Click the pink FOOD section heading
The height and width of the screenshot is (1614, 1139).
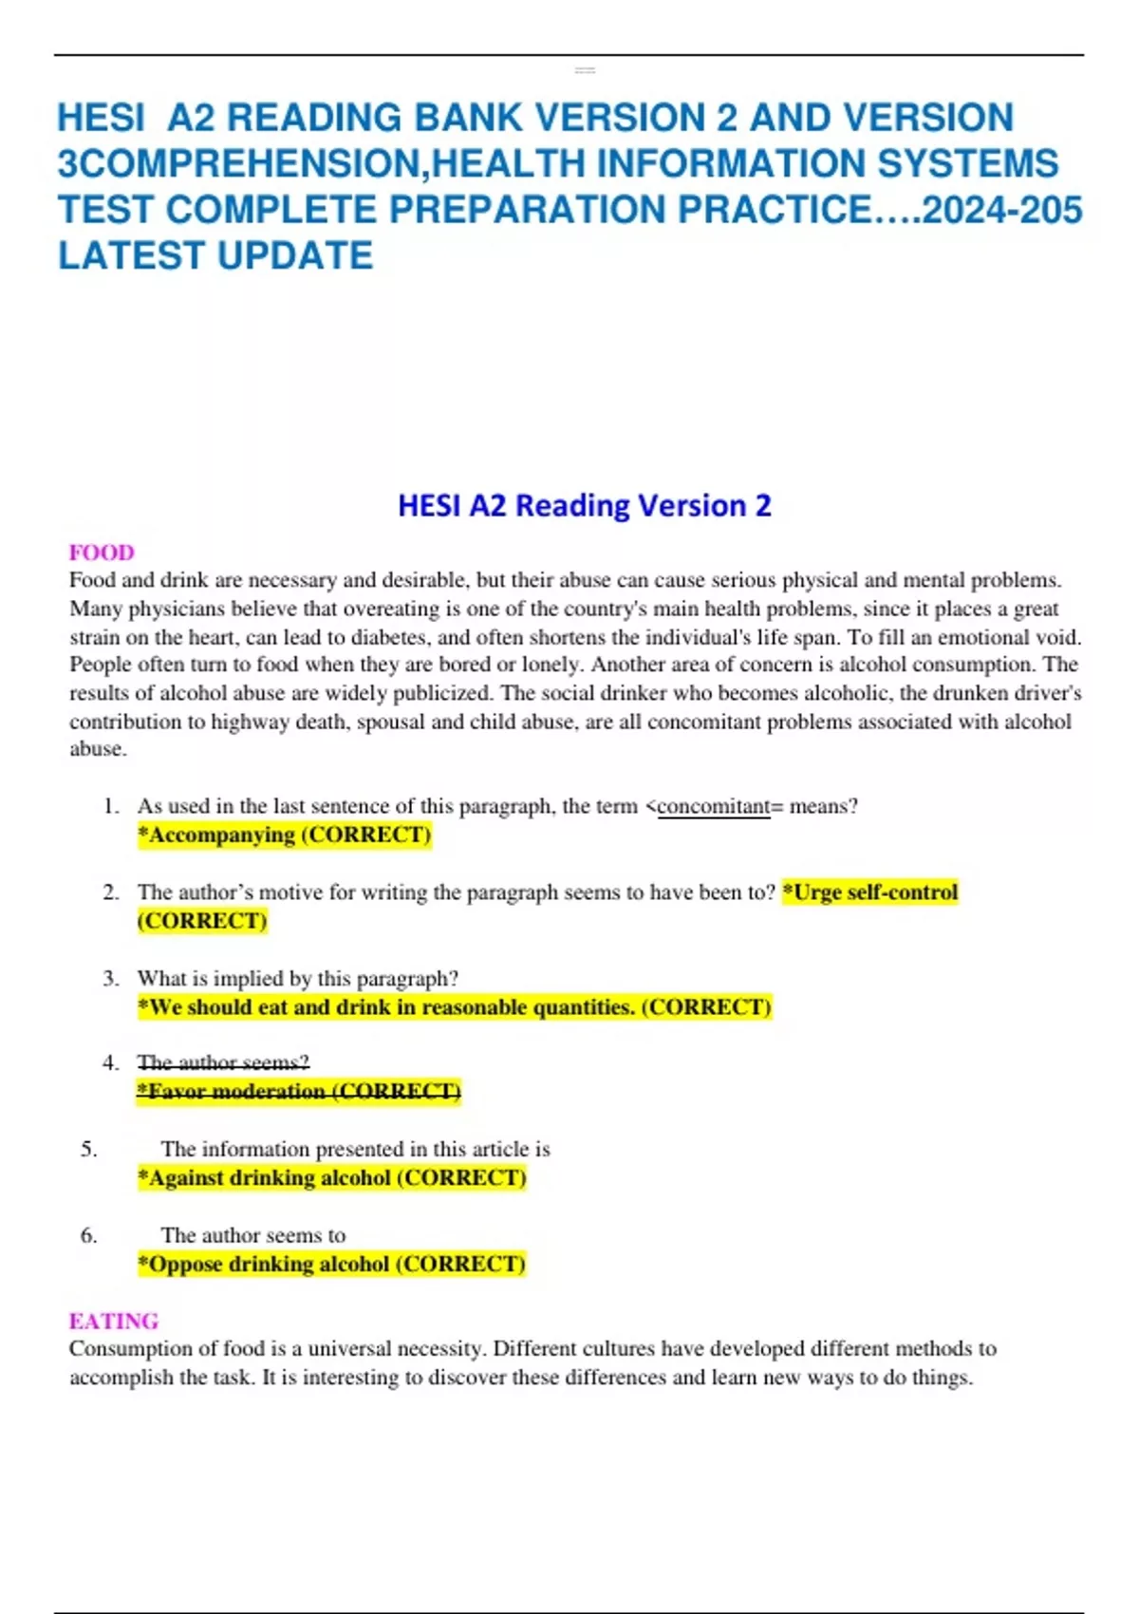tap(102, 553)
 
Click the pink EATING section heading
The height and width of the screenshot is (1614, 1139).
tap(113, 1321)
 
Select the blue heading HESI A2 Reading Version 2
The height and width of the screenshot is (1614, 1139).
tap(584, 505)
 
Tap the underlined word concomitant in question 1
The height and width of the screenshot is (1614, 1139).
tap(713, 807)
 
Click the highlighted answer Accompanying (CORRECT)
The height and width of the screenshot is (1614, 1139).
tap(285, 835)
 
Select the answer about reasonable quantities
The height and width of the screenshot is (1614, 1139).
tap(455, 1007)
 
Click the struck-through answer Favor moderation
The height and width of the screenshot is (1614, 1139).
tap(299, 1092)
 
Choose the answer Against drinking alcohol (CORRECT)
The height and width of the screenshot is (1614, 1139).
tap(331, 1178)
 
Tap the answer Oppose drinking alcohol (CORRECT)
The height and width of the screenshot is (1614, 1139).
tap(331, 1265)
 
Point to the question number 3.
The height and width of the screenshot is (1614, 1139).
tap(111, 979)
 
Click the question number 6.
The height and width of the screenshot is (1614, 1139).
tap(89, 1235)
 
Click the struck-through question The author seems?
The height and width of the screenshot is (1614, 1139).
tap(223, 1062)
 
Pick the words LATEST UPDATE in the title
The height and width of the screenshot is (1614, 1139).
tap(215, 255)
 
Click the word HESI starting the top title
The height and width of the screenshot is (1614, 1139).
tap(102, 118)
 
